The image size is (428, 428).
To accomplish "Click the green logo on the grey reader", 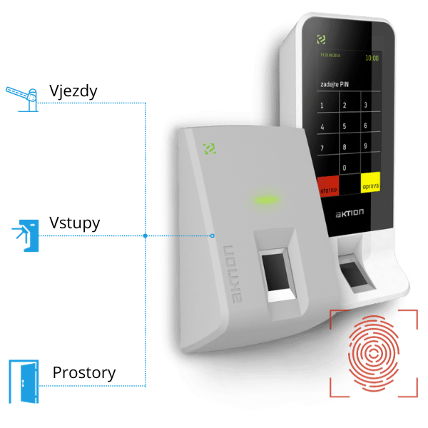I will point(210,148).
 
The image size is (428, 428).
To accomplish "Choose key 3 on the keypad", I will point(367,106).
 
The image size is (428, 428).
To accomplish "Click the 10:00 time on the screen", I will point(372,57).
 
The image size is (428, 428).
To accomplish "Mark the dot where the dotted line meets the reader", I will point(213,235).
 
